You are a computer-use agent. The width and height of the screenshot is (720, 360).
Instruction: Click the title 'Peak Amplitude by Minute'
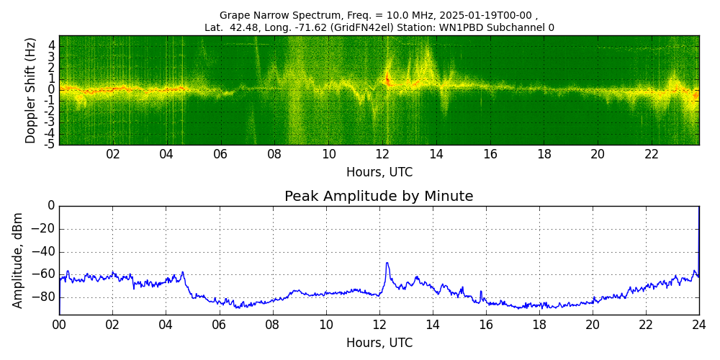[379, 197]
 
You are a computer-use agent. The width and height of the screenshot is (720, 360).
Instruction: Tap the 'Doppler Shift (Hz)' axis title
[30, 91]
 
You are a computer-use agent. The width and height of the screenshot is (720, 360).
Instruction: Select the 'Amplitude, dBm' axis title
[18, 260]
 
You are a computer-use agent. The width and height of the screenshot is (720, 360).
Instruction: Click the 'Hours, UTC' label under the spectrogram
[379, 173]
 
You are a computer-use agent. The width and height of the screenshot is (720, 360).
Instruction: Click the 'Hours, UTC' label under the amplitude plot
[379, 343]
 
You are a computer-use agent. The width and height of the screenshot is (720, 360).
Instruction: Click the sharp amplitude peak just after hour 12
[387, 264]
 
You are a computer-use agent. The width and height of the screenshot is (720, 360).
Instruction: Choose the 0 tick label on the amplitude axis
[50, 206]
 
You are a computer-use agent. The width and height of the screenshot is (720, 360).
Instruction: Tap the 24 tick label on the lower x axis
[698, 325]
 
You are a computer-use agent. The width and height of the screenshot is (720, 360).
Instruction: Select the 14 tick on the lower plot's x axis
[432, 325]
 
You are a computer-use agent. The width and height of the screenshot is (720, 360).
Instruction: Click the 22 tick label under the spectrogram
[652, 155]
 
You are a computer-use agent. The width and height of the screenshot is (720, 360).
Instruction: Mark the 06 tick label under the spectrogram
[220, 155]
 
